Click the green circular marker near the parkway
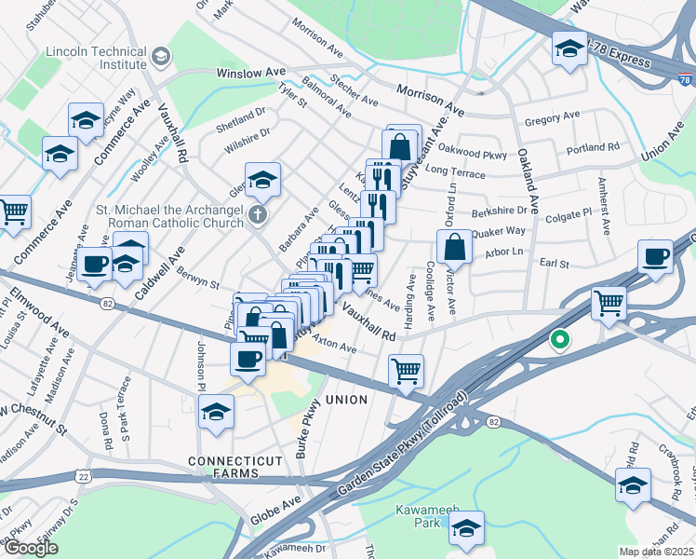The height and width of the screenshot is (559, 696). tap(559, 340)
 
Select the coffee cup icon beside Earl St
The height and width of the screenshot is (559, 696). tap(655, 256)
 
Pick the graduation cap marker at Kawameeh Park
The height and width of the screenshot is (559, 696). tap(466, 528)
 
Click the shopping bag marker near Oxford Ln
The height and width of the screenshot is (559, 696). tap(454, 248)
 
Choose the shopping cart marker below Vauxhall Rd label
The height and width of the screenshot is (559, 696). tap(407, 372)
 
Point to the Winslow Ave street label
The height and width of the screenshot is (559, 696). tap(250, 72)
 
